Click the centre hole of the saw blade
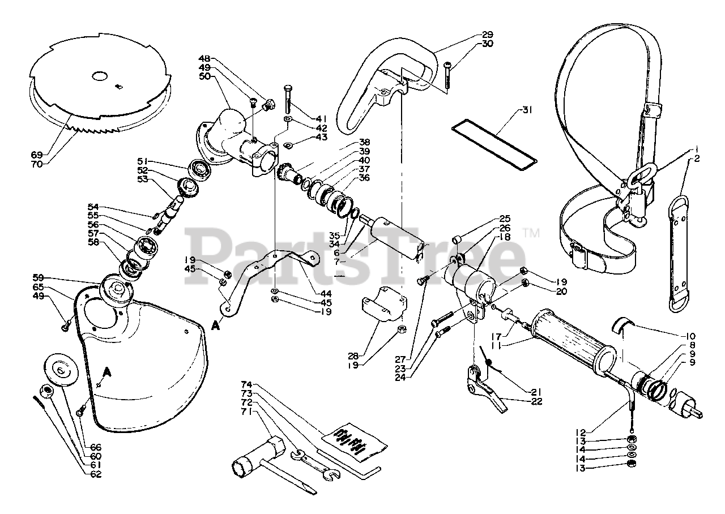click(x=100, y=76)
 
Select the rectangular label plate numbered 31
click(x=493, y=144)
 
